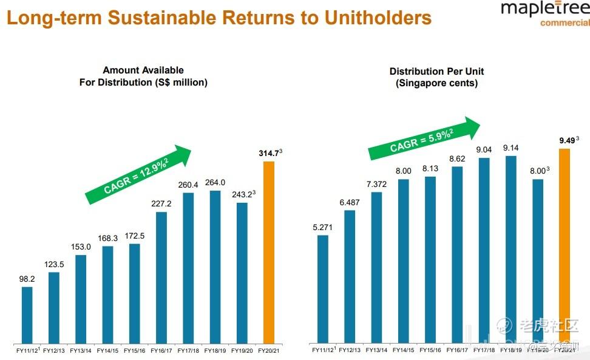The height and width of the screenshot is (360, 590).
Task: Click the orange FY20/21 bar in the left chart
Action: [268, 252]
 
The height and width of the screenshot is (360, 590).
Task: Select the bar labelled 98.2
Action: [27, 314]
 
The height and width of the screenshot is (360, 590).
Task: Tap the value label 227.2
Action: [161, 204]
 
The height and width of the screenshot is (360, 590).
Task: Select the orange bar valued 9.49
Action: [565, 245]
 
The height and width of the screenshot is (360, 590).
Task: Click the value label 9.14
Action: [511, 148]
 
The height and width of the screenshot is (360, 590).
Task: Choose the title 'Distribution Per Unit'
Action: [436, 72]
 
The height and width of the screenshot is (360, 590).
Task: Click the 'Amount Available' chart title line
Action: [143, 70]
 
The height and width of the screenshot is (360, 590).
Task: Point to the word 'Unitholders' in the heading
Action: [378, 18]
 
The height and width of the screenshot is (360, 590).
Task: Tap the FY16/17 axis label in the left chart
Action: [161, 351]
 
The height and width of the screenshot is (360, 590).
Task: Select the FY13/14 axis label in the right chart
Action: [376, 350]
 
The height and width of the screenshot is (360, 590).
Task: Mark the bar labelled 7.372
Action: [376, 267]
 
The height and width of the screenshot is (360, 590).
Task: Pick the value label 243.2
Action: [242, 195]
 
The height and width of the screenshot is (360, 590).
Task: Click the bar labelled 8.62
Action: [457, 254]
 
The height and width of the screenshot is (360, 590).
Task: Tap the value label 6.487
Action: [349, 202]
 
